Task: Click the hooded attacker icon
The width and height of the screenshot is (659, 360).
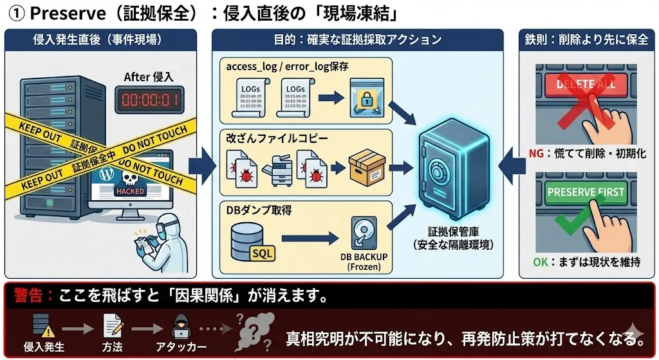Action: [x=181, y=327]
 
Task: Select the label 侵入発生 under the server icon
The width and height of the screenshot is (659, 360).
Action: [x=43, y=347]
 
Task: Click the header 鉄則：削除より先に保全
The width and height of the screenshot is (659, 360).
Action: [x=586, y=40]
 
